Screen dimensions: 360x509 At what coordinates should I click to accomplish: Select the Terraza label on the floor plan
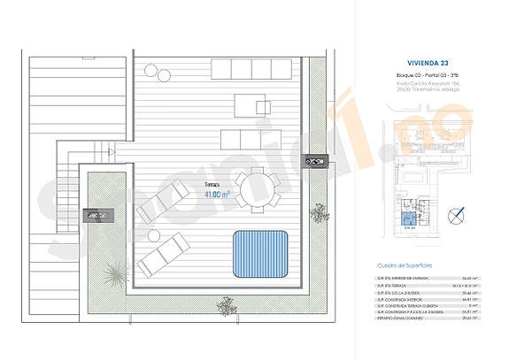click(x=212, y=184)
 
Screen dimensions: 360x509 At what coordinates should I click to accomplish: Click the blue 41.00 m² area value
click(x=217, y=194)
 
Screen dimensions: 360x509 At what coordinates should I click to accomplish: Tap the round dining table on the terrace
click(x=257, y=188)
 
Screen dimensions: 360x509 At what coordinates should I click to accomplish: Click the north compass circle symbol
click(x=458, y=213)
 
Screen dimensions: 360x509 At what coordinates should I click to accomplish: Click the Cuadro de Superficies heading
click(x=409, y=264)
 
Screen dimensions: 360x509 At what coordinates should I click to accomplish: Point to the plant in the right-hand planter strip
click(x=318, y=212)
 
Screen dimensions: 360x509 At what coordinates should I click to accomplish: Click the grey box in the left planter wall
click(x=96, y=214)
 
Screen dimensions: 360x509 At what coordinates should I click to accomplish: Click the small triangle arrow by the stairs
click(x=111, y=153)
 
